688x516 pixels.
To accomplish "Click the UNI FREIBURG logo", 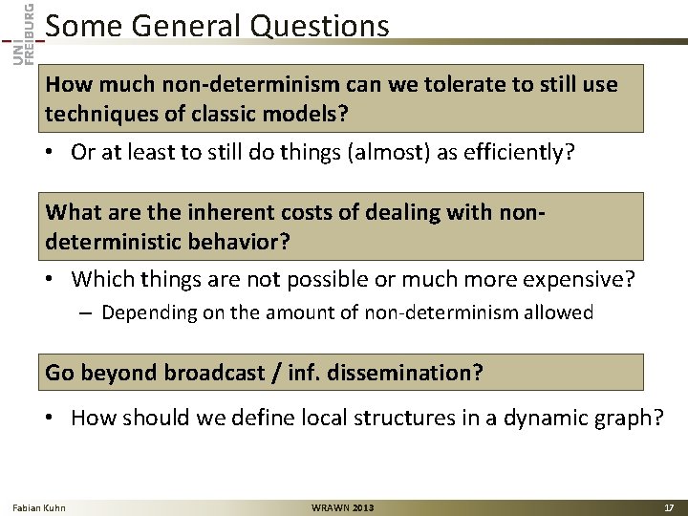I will pos(26,32).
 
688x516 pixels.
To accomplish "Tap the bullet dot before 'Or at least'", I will pos(54,154).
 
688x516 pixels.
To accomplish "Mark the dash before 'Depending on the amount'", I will pos(87,312).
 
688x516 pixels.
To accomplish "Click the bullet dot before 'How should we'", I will pos(54,417).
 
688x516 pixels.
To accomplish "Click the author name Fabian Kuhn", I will pos(39,507).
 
